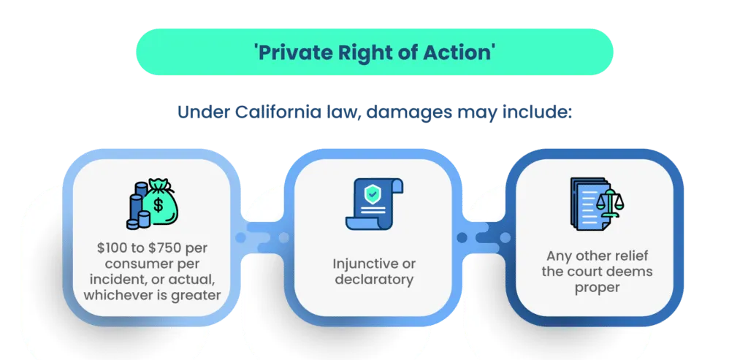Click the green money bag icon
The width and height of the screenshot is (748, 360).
[x=159, y=200]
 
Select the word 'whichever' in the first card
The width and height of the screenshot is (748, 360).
[x=113, y=295]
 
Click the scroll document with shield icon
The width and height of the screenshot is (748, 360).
[x=374, y=202]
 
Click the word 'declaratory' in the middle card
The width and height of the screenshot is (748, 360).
[x=374, y=280]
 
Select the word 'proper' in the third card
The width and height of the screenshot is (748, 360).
[x=598, y=288]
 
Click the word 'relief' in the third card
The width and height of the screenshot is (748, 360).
[x=631, y=256]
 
